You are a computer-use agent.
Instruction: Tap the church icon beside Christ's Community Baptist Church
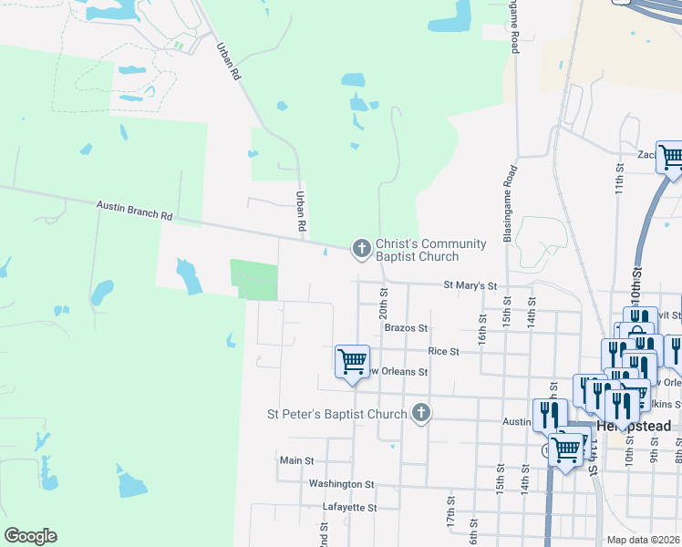coord(362,247)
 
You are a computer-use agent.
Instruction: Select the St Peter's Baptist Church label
coord(336,414)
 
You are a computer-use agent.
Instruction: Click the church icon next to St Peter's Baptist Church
coord(420,414)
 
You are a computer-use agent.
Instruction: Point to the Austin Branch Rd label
coord(134,212)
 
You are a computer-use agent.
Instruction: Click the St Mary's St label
coord(470,285)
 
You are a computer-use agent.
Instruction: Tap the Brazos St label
coord(406,327)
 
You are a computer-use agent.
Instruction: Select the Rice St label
coord(443,350)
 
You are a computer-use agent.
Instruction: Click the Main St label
coord(296,461)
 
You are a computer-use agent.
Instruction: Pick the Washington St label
coord(341,484)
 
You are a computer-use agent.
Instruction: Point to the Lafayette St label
coord(350,507)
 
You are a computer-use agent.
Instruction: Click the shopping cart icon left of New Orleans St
coord(352,361)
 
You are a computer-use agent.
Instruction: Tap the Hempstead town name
coord(634,426)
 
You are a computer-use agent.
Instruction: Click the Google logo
coord(30,536)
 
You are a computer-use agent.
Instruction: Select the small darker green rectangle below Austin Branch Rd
coord(253,279)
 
